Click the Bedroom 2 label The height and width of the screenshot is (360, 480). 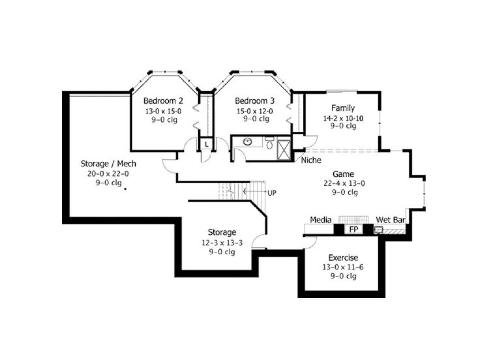pos(163,101)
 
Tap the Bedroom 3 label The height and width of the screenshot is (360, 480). pos(254,101)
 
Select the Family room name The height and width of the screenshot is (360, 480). pos(343,108)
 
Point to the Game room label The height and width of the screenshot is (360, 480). pos(343,174)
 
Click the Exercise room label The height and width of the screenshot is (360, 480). pos(343,258)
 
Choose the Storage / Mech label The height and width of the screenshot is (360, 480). pos(108,163)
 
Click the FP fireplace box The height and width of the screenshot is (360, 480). pos(353,229)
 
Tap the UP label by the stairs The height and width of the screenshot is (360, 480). pos(272,193)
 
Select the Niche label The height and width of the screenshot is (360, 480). pos(311,160)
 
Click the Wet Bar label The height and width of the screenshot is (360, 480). pos(390,220)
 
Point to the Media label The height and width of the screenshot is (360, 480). pos(321,220)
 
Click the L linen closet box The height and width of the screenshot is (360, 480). pos(206,144)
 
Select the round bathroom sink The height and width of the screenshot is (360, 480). pos(247,142)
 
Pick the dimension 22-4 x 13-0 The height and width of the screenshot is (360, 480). pos(344,183)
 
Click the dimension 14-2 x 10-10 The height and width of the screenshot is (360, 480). pos(343,118)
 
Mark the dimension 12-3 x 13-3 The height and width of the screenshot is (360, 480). pos(222,243)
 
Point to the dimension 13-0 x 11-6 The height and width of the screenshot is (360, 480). pos(343,267)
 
